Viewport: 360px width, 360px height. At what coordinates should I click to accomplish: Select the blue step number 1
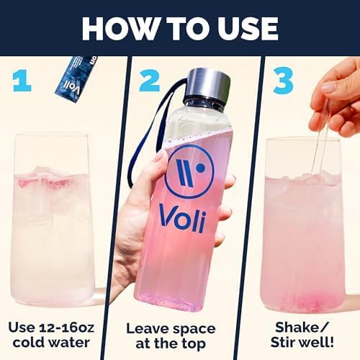tap(22, 80)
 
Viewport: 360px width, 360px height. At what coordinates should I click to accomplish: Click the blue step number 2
tap(149, 80)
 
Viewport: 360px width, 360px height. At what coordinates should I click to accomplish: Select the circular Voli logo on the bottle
tap(189, 171)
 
